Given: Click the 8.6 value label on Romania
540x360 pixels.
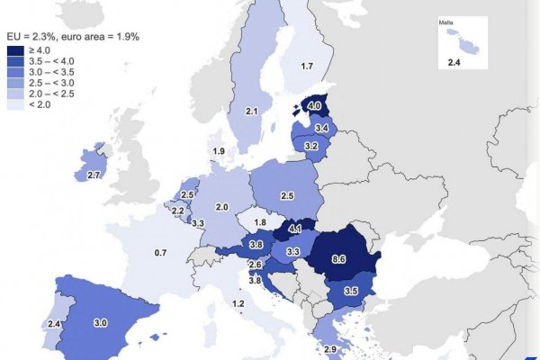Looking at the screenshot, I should pos(338,259).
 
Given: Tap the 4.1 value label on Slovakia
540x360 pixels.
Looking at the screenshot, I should pos(295,229).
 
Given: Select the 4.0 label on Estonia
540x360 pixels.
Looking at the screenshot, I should pos(314,105).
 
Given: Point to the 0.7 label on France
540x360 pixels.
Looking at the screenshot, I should pos(160,253).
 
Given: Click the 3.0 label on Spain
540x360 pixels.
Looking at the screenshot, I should pos(101,322).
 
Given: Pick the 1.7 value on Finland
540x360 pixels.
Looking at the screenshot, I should pos(307,66).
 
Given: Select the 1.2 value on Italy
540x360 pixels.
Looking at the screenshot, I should pos(238,304).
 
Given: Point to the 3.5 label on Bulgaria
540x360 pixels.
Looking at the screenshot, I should pos(351,292).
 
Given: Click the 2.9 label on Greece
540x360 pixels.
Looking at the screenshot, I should pos(330,349).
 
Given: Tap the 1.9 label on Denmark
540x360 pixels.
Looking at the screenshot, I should pos(218,151).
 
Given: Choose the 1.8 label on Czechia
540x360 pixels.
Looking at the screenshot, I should pos(261,222).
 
